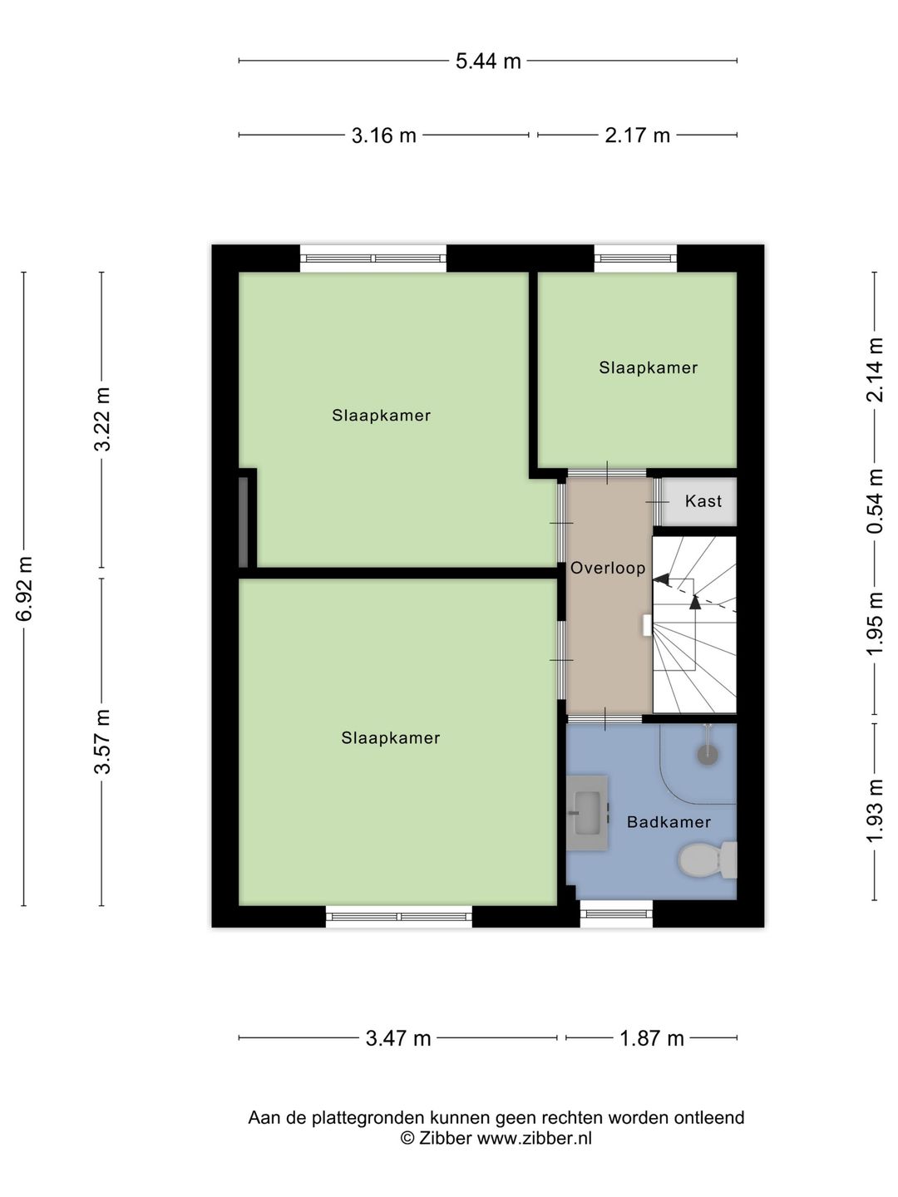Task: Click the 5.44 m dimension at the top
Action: pyautogui.click(x=488, y=61)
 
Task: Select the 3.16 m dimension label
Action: pyautogui.click(x=383, y=135)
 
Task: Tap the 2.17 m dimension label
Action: pyautogui.click(x=637, y=135)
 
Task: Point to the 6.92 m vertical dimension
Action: pyautogui.click(x=25, y=589)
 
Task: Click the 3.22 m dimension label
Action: pyautogui.click(x=102, y=419)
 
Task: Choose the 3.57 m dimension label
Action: pyautogui.click(x=102, y=741)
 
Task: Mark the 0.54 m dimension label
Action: pyautogui.click(x=875, y=502)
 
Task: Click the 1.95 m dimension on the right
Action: pyautogui.click(x=875, y=623)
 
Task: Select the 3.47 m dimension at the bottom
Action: pyautogui.click(x=398, y=1038)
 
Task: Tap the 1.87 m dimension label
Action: pyautogui.click(x=651, y=1038)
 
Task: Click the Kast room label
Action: pyautogui.click(x=703, y=501)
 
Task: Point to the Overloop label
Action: pyautogui.click(x=608, y=569)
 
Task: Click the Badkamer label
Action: pyautogui.click(x=669, y=822)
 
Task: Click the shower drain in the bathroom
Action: pyautogui.click(x=707, y=756)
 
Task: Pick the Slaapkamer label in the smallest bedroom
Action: pyautogui.click(x=648, y=367)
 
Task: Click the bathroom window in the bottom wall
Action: pyautogui.click(x=616, y=914)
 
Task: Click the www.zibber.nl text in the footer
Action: pyautogui.click(x=534, y=1139)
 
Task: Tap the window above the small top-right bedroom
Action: pyautogui.click(x=635, y=259)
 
